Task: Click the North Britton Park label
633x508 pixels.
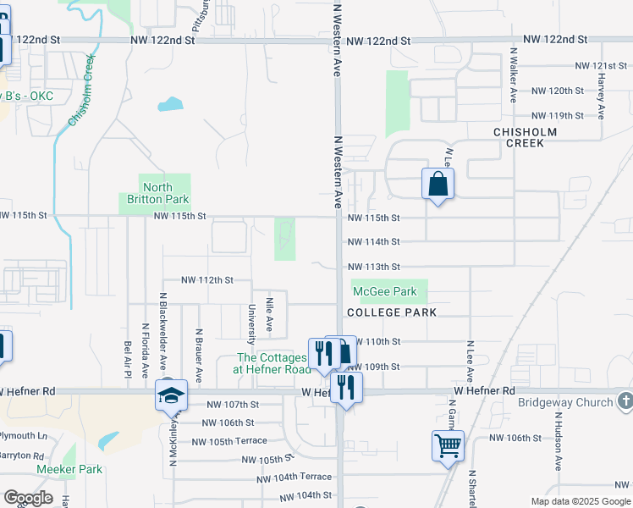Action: tap(157, 193)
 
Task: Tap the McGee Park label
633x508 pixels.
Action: tap(385, 292)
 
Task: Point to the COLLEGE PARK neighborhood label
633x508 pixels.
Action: tap(392, 312)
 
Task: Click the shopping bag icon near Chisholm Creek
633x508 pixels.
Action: tap(438, 184)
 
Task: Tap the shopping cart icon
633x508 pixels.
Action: tap(448, 444)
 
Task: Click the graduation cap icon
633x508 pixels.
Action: tap(171, 395)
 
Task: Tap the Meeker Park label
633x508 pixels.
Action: tap(69, 469)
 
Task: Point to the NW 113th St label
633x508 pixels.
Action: tap(373, 267)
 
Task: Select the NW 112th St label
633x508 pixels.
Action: tap(206, 279)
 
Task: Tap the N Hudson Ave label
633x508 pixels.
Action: tap(559, 440)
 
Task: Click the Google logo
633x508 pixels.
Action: tap(28, 498)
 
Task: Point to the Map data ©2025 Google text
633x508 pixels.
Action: tap(580, 501)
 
